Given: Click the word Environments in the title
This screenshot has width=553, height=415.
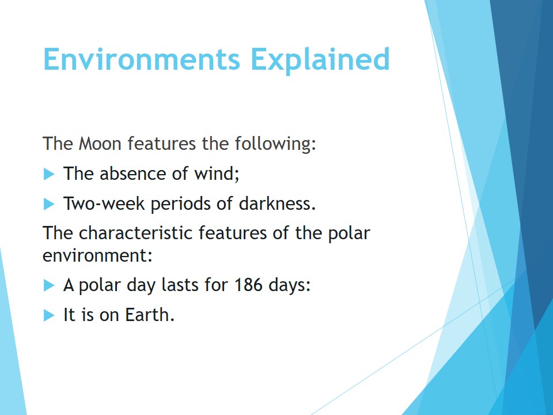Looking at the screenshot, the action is coord(142,59).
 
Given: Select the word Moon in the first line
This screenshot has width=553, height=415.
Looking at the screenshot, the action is coord(100,144).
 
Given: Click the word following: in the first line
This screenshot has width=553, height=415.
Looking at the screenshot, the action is coord(275,144).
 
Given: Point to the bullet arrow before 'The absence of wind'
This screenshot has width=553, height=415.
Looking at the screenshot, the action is coord(49,174).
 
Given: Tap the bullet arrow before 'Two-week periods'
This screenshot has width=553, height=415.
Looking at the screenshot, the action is coord(49,204).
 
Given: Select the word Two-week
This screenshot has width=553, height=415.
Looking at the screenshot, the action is coord(104,203).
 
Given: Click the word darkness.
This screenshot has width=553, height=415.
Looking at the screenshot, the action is coord(277,203).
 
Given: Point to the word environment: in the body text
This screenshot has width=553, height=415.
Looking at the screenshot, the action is coord(97,255).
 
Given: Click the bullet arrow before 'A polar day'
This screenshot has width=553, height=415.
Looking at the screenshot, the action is coord(49,285).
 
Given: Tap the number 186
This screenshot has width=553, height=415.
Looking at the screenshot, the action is coord(248,285).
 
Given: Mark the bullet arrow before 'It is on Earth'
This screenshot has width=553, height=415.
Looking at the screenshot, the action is coord(49,315).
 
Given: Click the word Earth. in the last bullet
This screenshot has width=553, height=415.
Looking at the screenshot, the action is coord(150,315).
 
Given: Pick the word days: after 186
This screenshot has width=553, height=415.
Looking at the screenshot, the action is coord(289,285).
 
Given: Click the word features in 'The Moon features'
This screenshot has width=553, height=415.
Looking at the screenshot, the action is coord(161,144).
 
